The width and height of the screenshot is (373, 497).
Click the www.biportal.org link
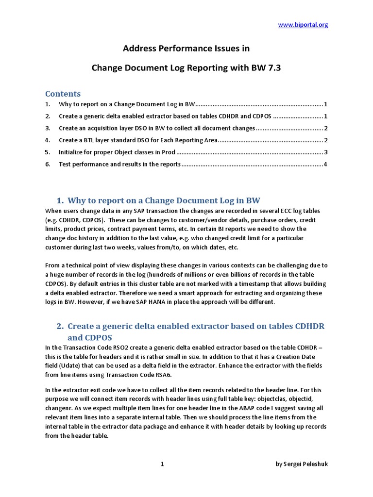coord(303,25)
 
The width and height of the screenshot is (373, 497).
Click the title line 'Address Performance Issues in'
coord(186,49)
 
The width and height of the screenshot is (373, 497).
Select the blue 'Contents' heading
coord(63,94)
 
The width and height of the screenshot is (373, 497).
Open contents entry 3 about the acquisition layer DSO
coord(157,128)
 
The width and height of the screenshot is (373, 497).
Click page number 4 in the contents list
coord(325,165)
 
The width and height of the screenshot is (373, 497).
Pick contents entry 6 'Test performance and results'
coord(119,165)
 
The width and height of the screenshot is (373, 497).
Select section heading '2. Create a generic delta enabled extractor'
coord(196,326)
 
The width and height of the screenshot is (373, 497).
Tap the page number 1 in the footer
coord(162,464)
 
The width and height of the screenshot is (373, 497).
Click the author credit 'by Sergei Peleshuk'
coord(302,464)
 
